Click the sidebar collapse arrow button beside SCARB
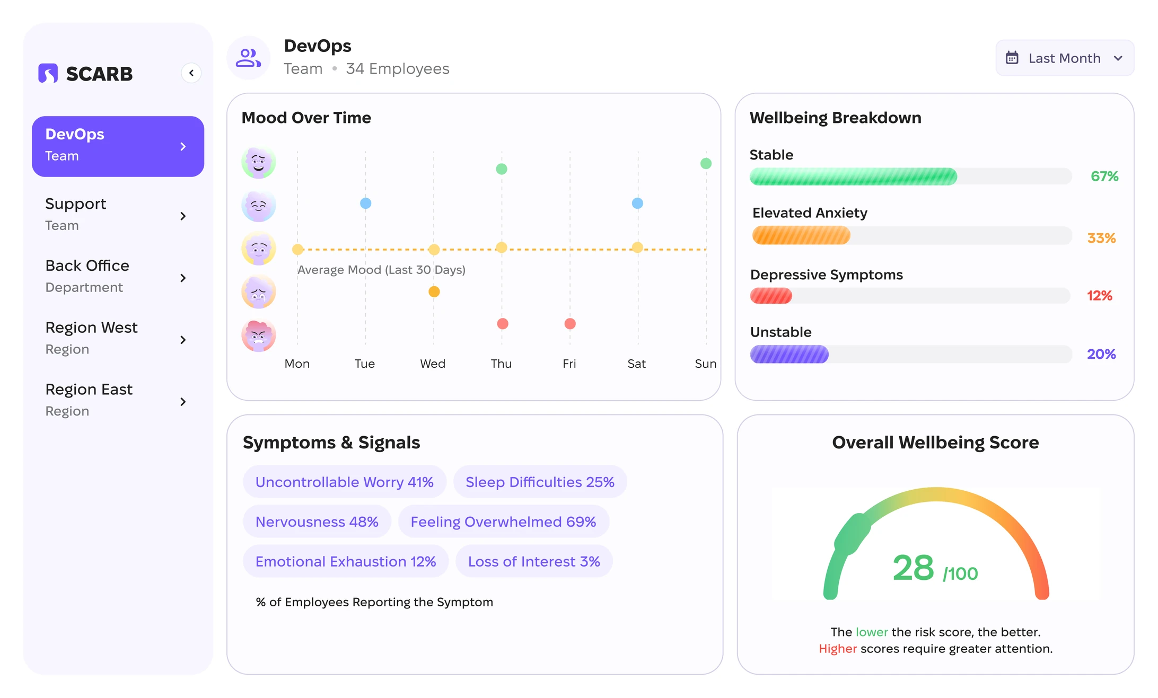[x=191, y=73]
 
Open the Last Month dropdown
[x=1065, y=58]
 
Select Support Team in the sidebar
[x=118, y=215]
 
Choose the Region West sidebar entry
[x=118, y=338]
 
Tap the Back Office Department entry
[x=118, y=276]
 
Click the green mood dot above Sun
[x=706, y=163]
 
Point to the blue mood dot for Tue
[x=365, y=203]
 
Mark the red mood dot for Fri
[x=570, y=324]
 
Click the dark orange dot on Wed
[x=434, y=291]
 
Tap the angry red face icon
[x=259, y=335]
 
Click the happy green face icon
[x=259, y=162]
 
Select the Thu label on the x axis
[x=501, y=364]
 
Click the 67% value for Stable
[x=1104, y=176]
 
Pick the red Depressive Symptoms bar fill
[x=771, y=296]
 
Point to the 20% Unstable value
[x=1101, y=354]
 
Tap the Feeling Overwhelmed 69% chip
[x=503, y=522]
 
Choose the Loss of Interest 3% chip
[x=534, y=561]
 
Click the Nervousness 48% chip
[x=317, y=522]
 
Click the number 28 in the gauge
[x=913, y=568]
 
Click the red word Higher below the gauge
[x=838, y=649]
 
